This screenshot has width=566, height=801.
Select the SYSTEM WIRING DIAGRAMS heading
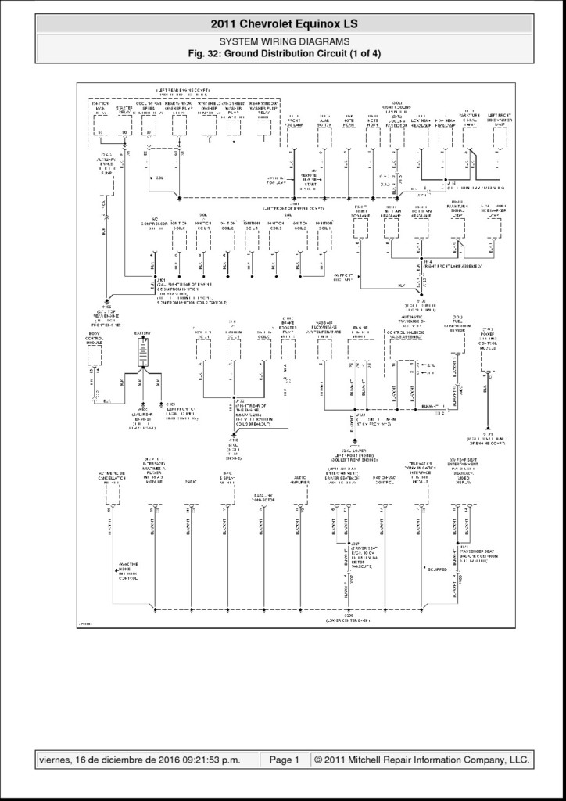tap(283, 41)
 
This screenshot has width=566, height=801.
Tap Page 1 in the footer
tap(285, 760)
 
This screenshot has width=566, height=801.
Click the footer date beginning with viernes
tap(147, 760)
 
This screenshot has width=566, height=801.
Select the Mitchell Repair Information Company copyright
tap(421, 760)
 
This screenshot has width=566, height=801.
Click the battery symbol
tap(141, 354)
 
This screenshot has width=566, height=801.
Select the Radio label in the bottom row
tap(190, 483)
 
